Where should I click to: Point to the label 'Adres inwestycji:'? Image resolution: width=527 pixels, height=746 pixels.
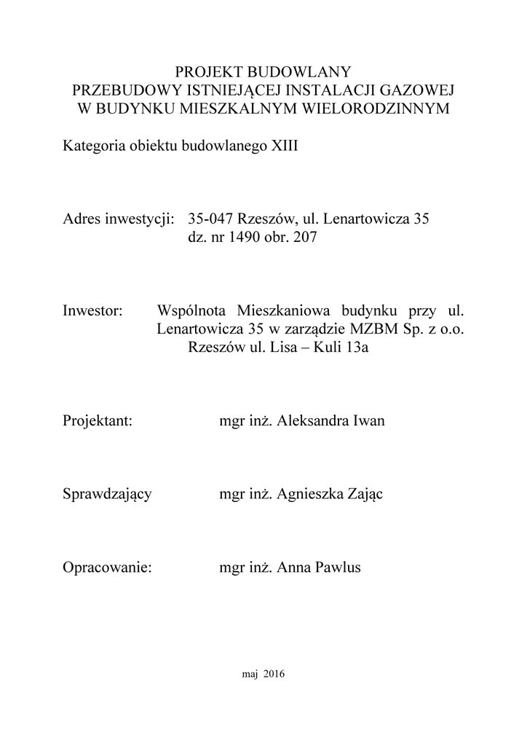[x=118, y=219]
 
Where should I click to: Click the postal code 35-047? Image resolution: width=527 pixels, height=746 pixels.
[x=210, y=219]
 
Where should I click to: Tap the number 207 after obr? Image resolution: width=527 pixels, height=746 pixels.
[x=304, y=237]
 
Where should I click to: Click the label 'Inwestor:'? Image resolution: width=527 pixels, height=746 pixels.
[x=94, y=310]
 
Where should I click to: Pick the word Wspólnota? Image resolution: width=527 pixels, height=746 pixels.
[x=189, y=310]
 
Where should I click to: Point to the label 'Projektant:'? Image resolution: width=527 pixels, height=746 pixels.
[x=98, y=421]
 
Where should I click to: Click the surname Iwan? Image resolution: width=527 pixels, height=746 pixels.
[x=369, y=421]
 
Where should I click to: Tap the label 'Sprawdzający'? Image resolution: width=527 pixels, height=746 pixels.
[x=107, y=495]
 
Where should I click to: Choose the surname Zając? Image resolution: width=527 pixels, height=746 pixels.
[x=362, y=495]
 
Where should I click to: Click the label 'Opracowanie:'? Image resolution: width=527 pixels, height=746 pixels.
[x=107, y=568]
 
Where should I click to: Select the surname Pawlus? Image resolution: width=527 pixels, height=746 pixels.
[x=337, y=568]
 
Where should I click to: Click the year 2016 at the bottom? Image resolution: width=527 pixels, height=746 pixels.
[x=274, y=675]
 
